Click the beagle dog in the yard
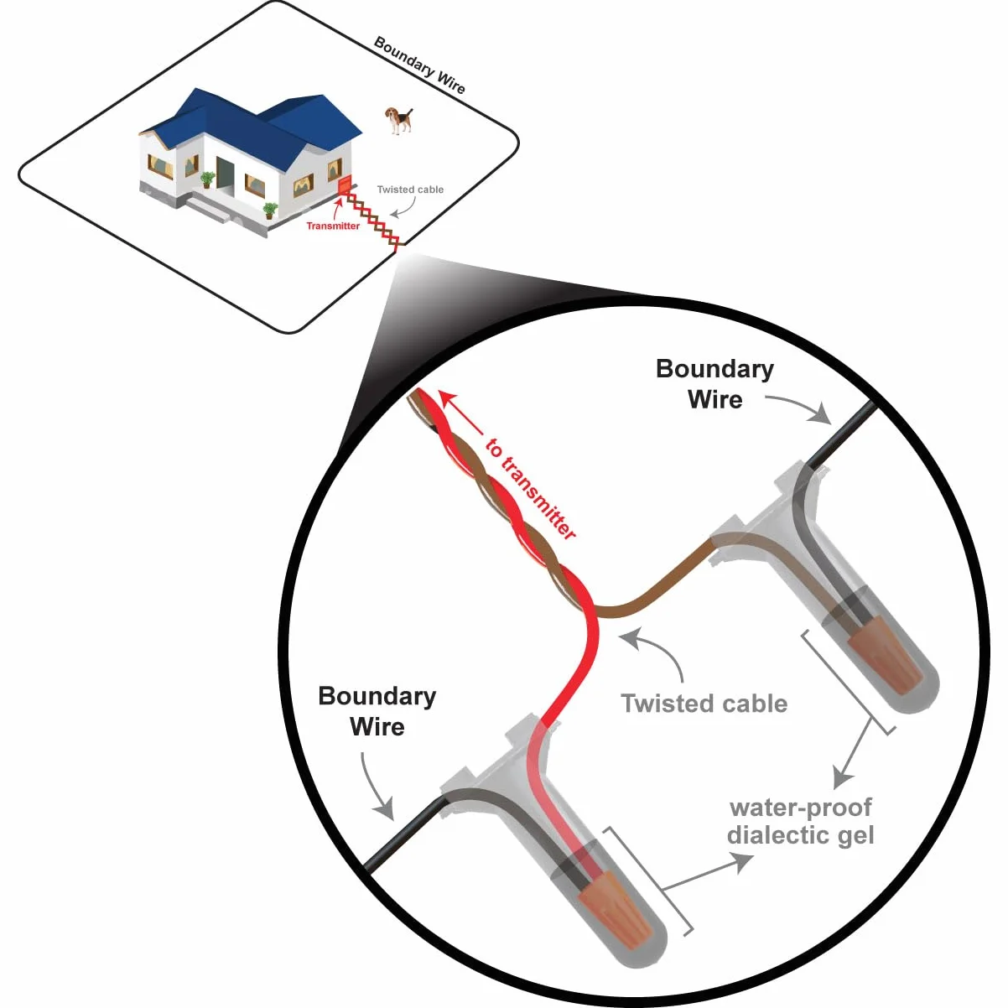(399, 120)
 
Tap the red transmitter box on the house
(346, 184)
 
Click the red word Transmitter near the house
(333, 226)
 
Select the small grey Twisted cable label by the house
(410, 190)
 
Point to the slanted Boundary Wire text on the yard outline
(419, 65)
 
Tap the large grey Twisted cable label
(704, 704)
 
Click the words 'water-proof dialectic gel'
(800, 821)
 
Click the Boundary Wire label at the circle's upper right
(714, 384)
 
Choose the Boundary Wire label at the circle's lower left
(377, 711)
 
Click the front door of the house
(226, 173)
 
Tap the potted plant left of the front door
(208, 179)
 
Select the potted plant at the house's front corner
(270, 210)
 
